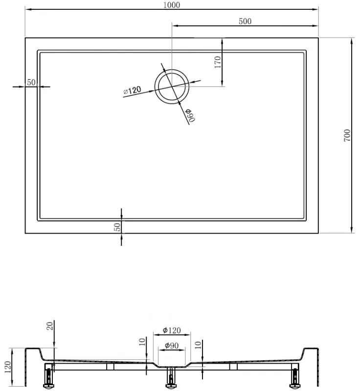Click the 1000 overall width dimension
click(172, 5)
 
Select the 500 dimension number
click(245, 21)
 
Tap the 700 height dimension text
click(347, 135)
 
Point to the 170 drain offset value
click(218, 62)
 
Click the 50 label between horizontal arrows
click(31, 82)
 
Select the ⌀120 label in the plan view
click(132, 90)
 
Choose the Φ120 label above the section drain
click(172, 330)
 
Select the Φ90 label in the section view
click(171, 346)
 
